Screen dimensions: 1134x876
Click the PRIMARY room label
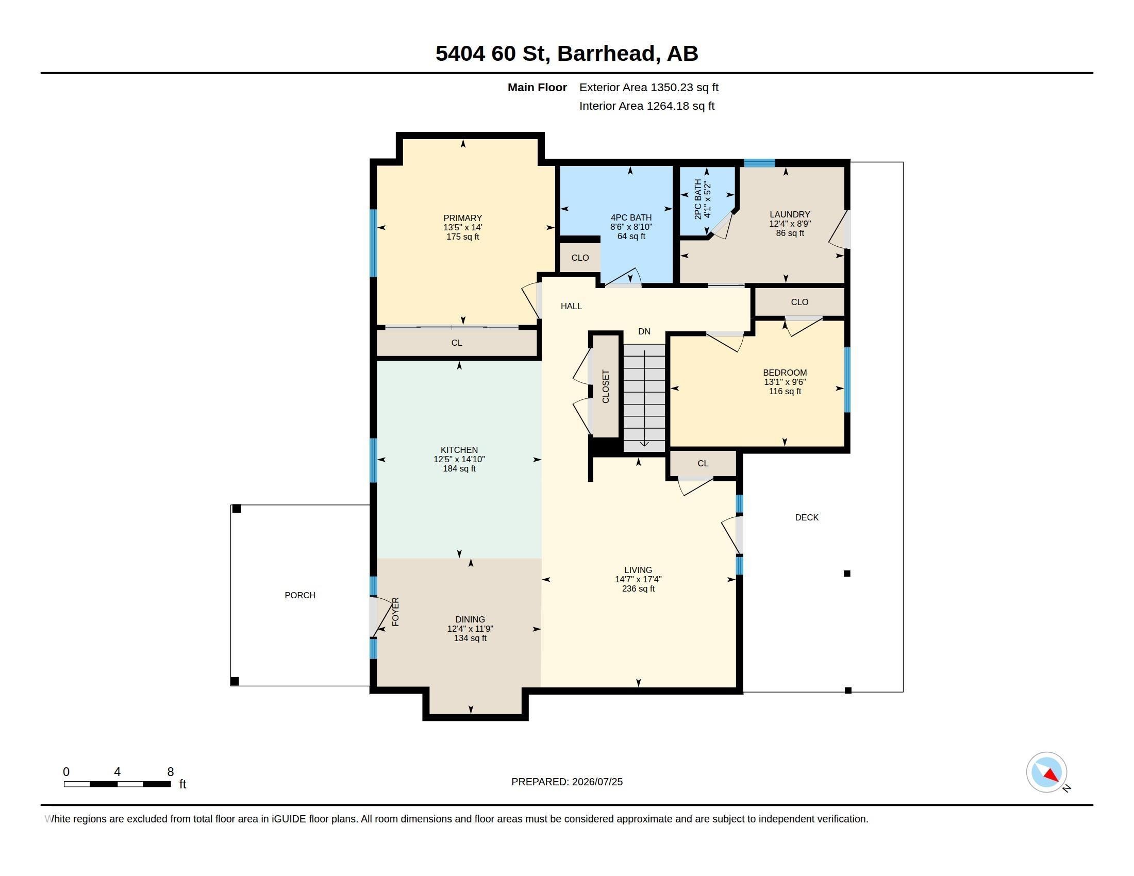(x=463, y=218)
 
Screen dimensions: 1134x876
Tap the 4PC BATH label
(x=631, y=218)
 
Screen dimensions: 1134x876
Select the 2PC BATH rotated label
(x=698, y=199)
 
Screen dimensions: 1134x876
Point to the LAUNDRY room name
(x=790, y=214)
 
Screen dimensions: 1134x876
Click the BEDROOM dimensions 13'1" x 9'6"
(x=785, y=382)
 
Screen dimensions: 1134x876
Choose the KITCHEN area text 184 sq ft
(x=459, y=468)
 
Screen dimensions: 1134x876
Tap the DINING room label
(x=470, y=619)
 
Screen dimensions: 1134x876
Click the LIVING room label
(x=638, y=570)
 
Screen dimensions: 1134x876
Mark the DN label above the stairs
(x=644, y=332)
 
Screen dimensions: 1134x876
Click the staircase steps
(x=644, y=397)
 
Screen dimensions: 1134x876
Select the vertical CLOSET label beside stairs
(x=606, y=386)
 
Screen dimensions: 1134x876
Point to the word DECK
(x=806, y=517)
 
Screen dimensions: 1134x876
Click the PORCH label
(x=299, y=595)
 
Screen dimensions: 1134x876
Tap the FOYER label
(x=395, y=612)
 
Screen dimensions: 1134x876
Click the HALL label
(x=571, y=306)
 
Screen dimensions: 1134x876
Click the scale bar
(x=118, y=784)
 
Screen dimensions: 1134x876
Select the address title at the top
(x=566, y=54)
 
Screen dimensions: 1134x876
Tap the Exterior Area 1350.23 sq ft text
(x=649, y=88)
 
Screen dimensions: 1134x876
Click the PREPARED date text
(x=567, y=782)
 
